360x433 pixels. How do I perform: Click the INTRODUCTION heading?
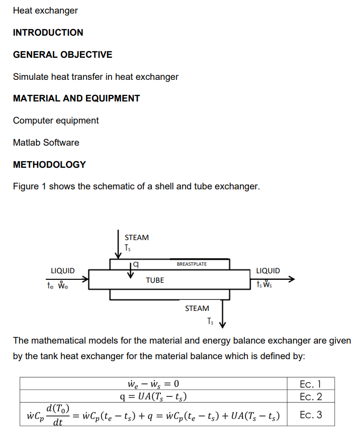(48, 33)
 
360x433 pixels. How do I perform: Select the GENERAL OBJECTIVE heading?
(62, 55)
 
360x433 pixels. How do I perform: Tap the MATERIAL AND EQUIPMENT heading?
(76, 98)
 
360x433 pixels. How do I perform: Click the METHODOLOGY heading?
(49, 165)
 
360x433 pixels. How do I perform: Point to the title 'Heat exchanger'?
(45, 11)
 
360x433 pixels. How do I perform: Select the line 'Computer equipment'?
(56, 121)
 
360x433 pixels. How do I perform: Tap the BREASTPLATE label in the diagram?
(192, 264)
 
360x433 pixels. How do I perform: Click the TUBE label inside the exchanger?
(155, 280)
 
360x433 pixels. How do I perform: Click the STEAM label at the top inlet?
(137, 238)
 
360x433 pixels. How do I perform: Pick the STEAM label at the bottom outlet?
(197, 308)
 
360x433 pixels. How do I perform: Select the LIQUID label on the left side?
(63, 271)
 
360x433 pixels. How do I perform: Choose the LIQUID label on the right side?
(268, 271)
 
